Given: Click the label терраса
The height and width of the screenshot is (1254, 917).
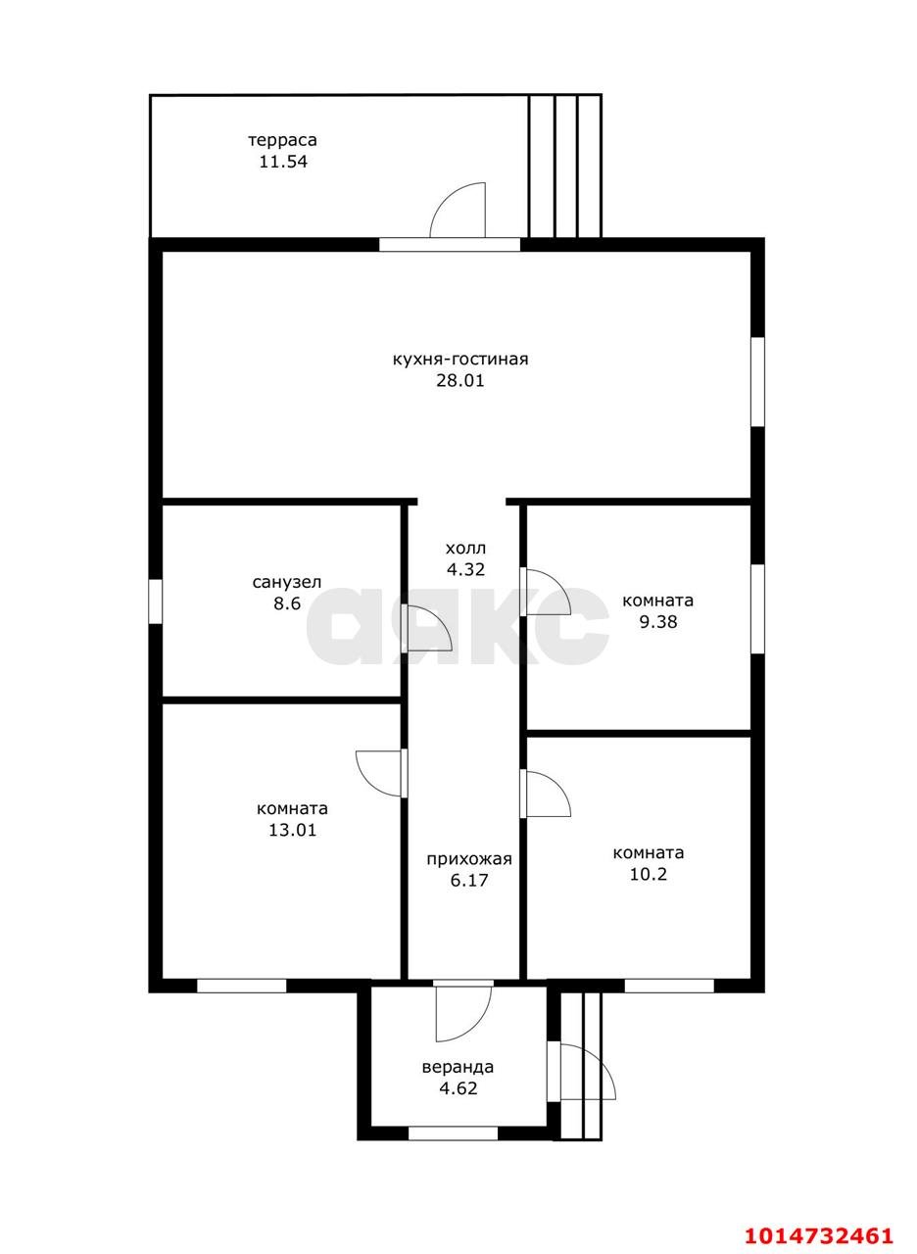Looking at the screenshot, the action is pos(283,140).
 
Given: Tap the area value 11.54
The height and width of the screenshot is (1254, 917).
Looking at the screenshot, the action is pos(283,163).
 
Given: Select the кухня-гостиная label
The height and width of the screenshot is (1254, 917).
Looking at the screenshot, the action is pos(460,359).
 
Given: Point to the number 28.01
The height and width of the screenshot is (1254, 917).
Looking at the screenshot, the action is pos(460,381).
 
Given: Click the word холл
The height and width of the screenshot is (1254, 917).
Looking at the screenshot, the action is pos(465,548).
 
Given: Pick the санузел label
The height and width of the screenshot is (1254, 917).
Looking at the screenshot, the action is pos(287,582).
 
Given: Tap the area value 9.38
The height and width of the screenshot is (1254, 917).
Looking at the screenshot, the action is pos(658,622).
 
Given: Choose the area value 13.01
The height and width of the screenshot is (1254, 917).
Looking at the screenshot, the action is pos(292,830).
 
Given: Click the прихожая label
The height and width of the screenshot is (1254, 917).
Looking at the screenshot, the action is pos(469,859).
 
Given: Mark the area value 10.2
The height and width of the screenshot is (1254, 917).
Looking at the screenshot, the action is pos(649,875).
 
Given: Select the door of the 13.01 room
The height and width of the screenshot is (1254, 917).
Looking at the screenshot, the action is pos(382,773).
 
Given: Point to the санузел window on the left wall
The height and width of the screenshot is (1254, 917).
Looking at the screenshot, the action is pos(155,602).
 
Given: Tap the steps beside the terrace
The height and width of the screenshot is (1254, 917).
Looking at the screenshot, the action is pos(565,167).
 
